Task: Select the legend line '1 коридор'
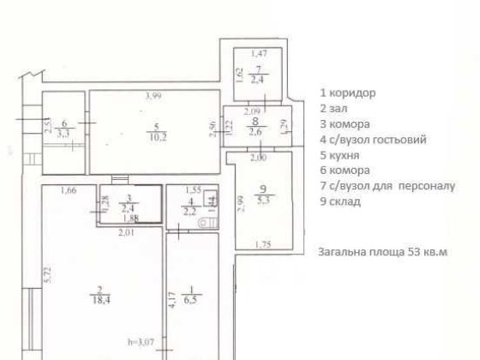pyautogui.click(x=348, y=93)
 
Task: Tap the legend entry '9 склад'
pyautogui.click(x=339, y=201)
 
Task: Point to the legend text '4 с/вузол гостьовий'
pyautogui.click(x=372, y=140)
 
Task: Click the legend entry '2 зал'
pyautogui.click(x=334, y=108)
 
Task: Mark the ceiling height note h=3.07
pyautogui.click(x=141, y=343)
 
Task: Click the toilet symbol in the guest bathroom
pyautogui.click(x=207, y=223)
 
